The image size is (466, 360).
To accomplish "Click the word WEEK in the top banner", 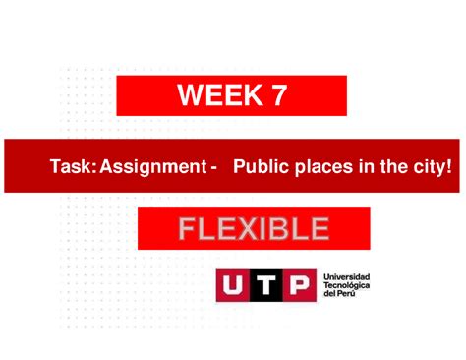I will point(216,95).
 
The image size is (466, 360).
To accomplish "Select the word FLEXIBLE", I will point(254,229).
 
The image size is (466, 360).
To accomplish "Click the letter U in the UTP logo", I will point(234,285).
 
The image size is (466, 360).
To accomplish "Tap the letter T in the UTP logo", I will point(266,285).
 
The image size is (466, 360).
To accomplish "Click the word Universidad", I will point(347,277).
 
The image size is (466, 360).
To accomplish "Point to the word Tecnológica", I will point(347,286).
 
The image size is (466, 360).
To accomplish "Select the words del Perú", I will point(339,295).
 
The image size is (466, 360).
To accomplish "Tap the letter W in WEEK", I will point(190,95).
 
